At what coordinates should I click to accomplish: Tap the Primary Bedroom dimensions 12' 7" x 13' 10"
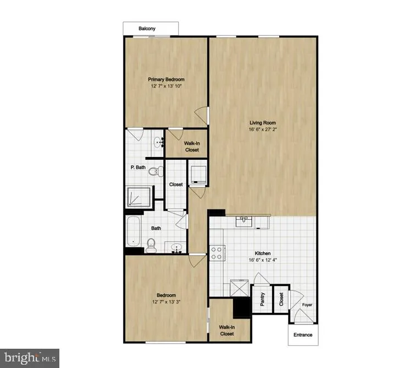[166, 86]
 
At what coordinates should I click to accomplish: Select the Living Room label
[262, 123]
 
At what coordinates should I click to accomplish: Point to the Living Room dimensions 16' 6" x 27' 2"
[262, 131]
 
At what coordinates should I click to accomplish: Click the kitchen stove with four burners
[217, 252]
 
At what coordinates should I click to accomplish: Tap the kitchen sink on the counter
[244, 221]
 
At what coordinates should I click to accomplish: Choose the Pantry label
[262, 300]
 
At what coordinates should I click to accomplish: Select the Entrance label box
[302, 334]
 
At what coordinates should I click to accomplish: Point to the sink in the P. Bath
[159, 143]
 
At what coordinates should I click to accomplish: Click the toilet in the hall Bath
[151, 245]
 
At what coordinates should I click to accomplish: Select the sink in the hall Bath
[177, 247]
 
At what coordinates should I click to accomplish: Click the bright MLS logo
[30, 357]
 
